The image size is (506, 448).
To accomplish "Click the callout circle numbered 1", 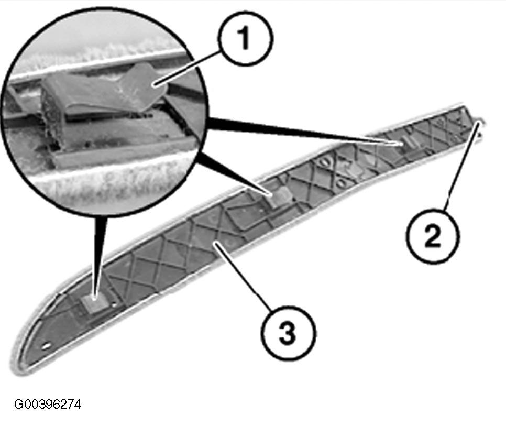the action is click(x=245, y=38).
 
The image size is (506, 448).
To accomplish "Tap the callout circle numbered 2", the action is click(x=433, y=236).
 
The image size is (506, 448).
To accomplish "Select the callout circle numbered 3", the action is click(x=288, y=333).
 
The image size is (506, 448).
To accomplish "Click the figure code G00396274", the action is click(x=48, y=404).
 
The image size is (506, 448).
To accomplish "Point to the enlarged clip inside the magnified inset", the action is click(x=103, y=94).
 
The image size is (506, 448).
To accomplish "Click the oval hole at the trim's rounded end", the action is click(x=46, y=346).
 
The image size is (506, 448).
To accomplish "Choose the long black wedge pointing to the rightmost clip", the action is click(x=303, y=130).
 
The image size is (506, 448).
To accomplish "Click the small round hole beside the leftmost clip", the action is click(x=114, y=304).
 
